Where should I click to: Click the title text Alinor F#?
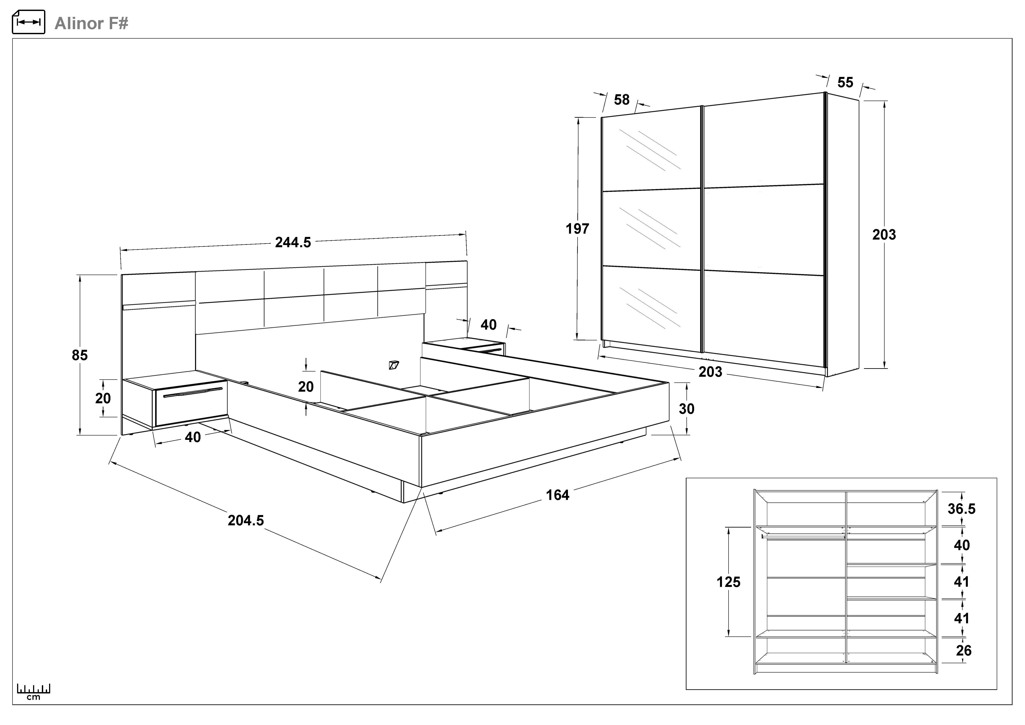91,23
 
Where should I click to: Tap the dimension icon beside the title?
28,22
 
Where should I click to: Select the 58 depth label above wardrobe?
621,100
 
